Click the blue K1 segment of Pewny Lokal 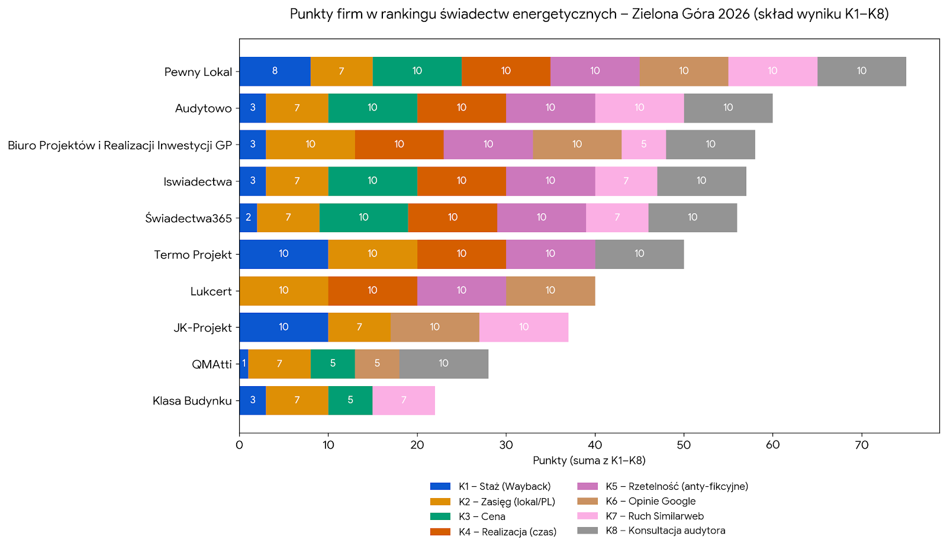(275, 71)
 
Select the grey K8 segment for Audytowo (728, 108)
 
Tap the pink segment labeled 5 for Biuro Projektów (643, 145)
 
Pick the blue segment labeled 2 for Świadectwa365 (248, 217)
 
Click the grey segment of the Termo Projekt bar (639, 254)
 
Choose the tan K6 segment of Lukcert (550, 291)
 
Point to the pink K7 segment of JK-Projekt (524, 328)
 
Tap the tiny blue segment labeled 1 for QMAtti (244, 364)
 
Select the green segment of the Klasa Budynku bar (350, 400)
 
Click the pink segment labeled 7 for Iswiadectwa (626, 181)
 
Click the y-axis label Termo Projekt (193, 255)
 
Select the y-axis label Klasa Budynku (192, 401)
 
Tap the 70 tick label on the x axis (862, 445)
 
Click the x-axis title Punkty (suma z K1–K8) (589, 461)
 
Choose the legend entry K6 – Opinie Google (650, 501)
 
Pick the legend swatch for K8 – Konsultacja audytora (587, 531)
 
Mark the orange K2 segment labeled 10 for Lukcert (284, 291)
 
